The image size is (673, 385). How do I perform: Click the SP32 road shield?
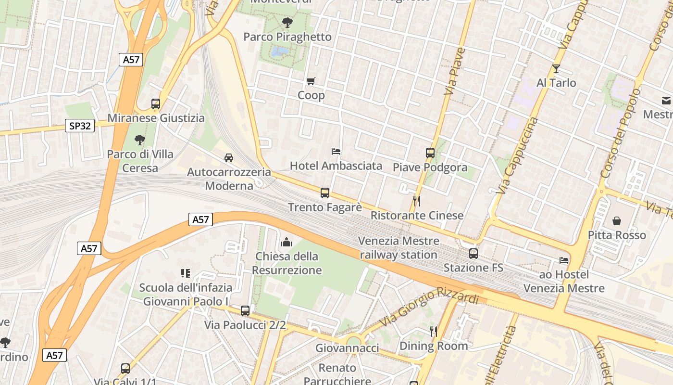tap(80, 126)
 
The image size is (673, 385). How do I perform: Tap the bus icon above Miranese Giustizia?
tap(155, 103)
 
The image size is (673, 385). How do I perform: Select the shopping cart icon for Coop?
tap(311, 81)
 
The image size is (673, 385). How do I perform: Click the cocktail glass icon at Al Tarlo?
tap(556, 68)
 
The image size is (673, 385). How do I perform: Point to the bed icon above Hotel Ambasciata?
tap(336, 152)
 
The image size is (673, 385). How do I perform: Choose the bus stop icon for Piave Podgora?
tap(430, 153)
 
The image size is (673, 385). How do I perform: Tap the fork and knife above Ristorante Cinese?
tap(417, 201)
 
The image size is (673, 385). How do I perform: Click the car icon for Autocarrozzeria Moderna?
tap(229, 158)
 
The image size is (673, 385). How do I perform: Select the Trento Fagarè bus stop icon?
tap(325, 193)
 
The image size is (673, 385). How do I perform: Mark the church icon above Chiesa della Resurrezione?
tap(287, 242)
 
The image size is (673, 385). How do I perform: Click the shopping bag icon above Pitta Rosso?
tap(617, 221)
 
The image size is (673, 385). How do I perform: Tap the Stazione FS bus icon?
tap(474, 253)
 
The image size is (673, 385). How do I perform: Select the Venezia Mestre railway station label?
tap(399, 248)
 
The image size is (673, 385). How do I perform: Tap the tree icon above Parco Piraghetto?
tap(287, 22)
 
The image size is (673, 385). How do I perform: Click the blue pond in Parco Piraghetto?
tap(279, 51)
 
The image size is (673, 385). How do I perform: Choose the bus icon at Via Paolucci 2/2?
tap(245, 311)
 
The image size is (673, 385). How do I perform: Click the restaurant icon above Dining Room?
tap(433, 331)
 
